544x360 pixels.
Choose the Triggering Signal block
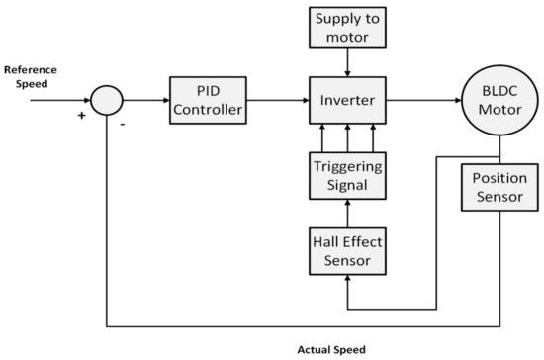345,174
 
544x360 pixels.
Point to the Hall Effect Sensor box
345,249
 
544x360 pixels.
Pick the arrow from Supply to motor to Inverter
345,62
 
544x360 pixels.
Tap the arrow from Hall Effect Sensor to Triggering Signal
345,212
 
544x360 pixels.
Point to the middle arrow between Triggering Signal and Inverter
345,137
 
